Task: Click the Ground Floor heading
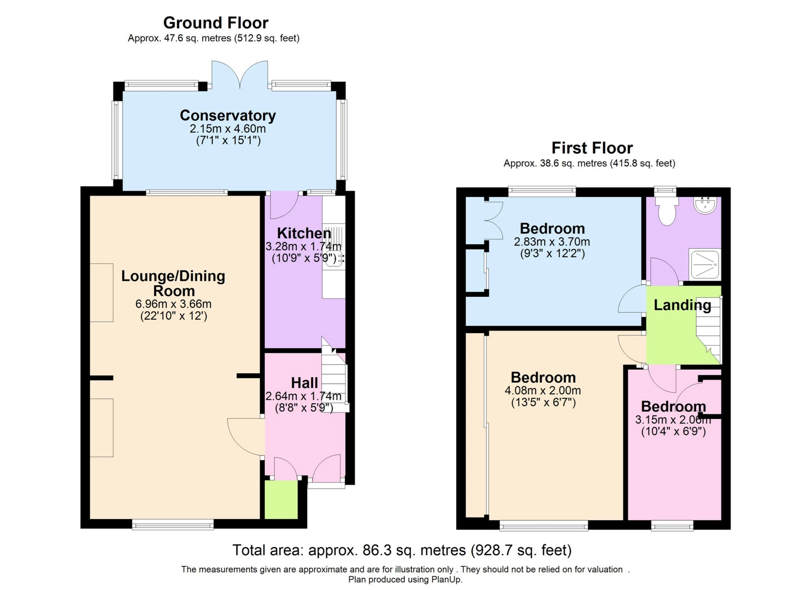215,23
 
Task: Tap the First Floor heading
592,148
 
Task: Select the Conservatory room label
227,115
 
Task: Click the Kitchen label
304,233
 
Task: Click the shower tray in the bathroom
704,264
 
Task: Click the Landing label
682,305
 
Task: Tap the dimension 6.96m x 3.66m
173,304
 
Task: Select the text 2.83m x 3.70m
551,242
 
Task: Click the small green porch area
281,499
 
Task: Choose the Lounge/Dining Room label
173,283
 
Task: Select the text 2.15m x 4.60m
227,129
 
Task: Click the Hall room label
304,383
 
